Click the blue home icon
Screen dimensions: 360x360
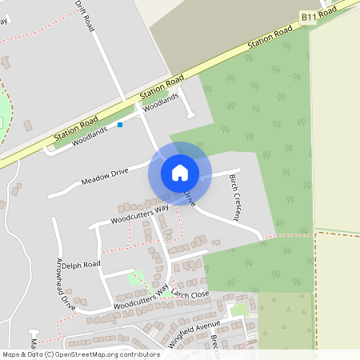(180, 172)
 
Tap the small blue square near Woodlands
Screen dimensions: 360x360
(121, 125)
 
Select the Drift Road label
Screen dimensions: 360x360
(86, 15)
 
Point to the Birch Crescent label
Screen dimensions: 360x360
(235, 198)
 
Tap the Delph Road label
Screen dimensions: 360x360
(82, 264)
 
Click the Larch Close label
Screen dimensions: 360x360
(191, 294)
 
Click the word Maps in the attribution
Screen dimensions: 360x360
(12, 354)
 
